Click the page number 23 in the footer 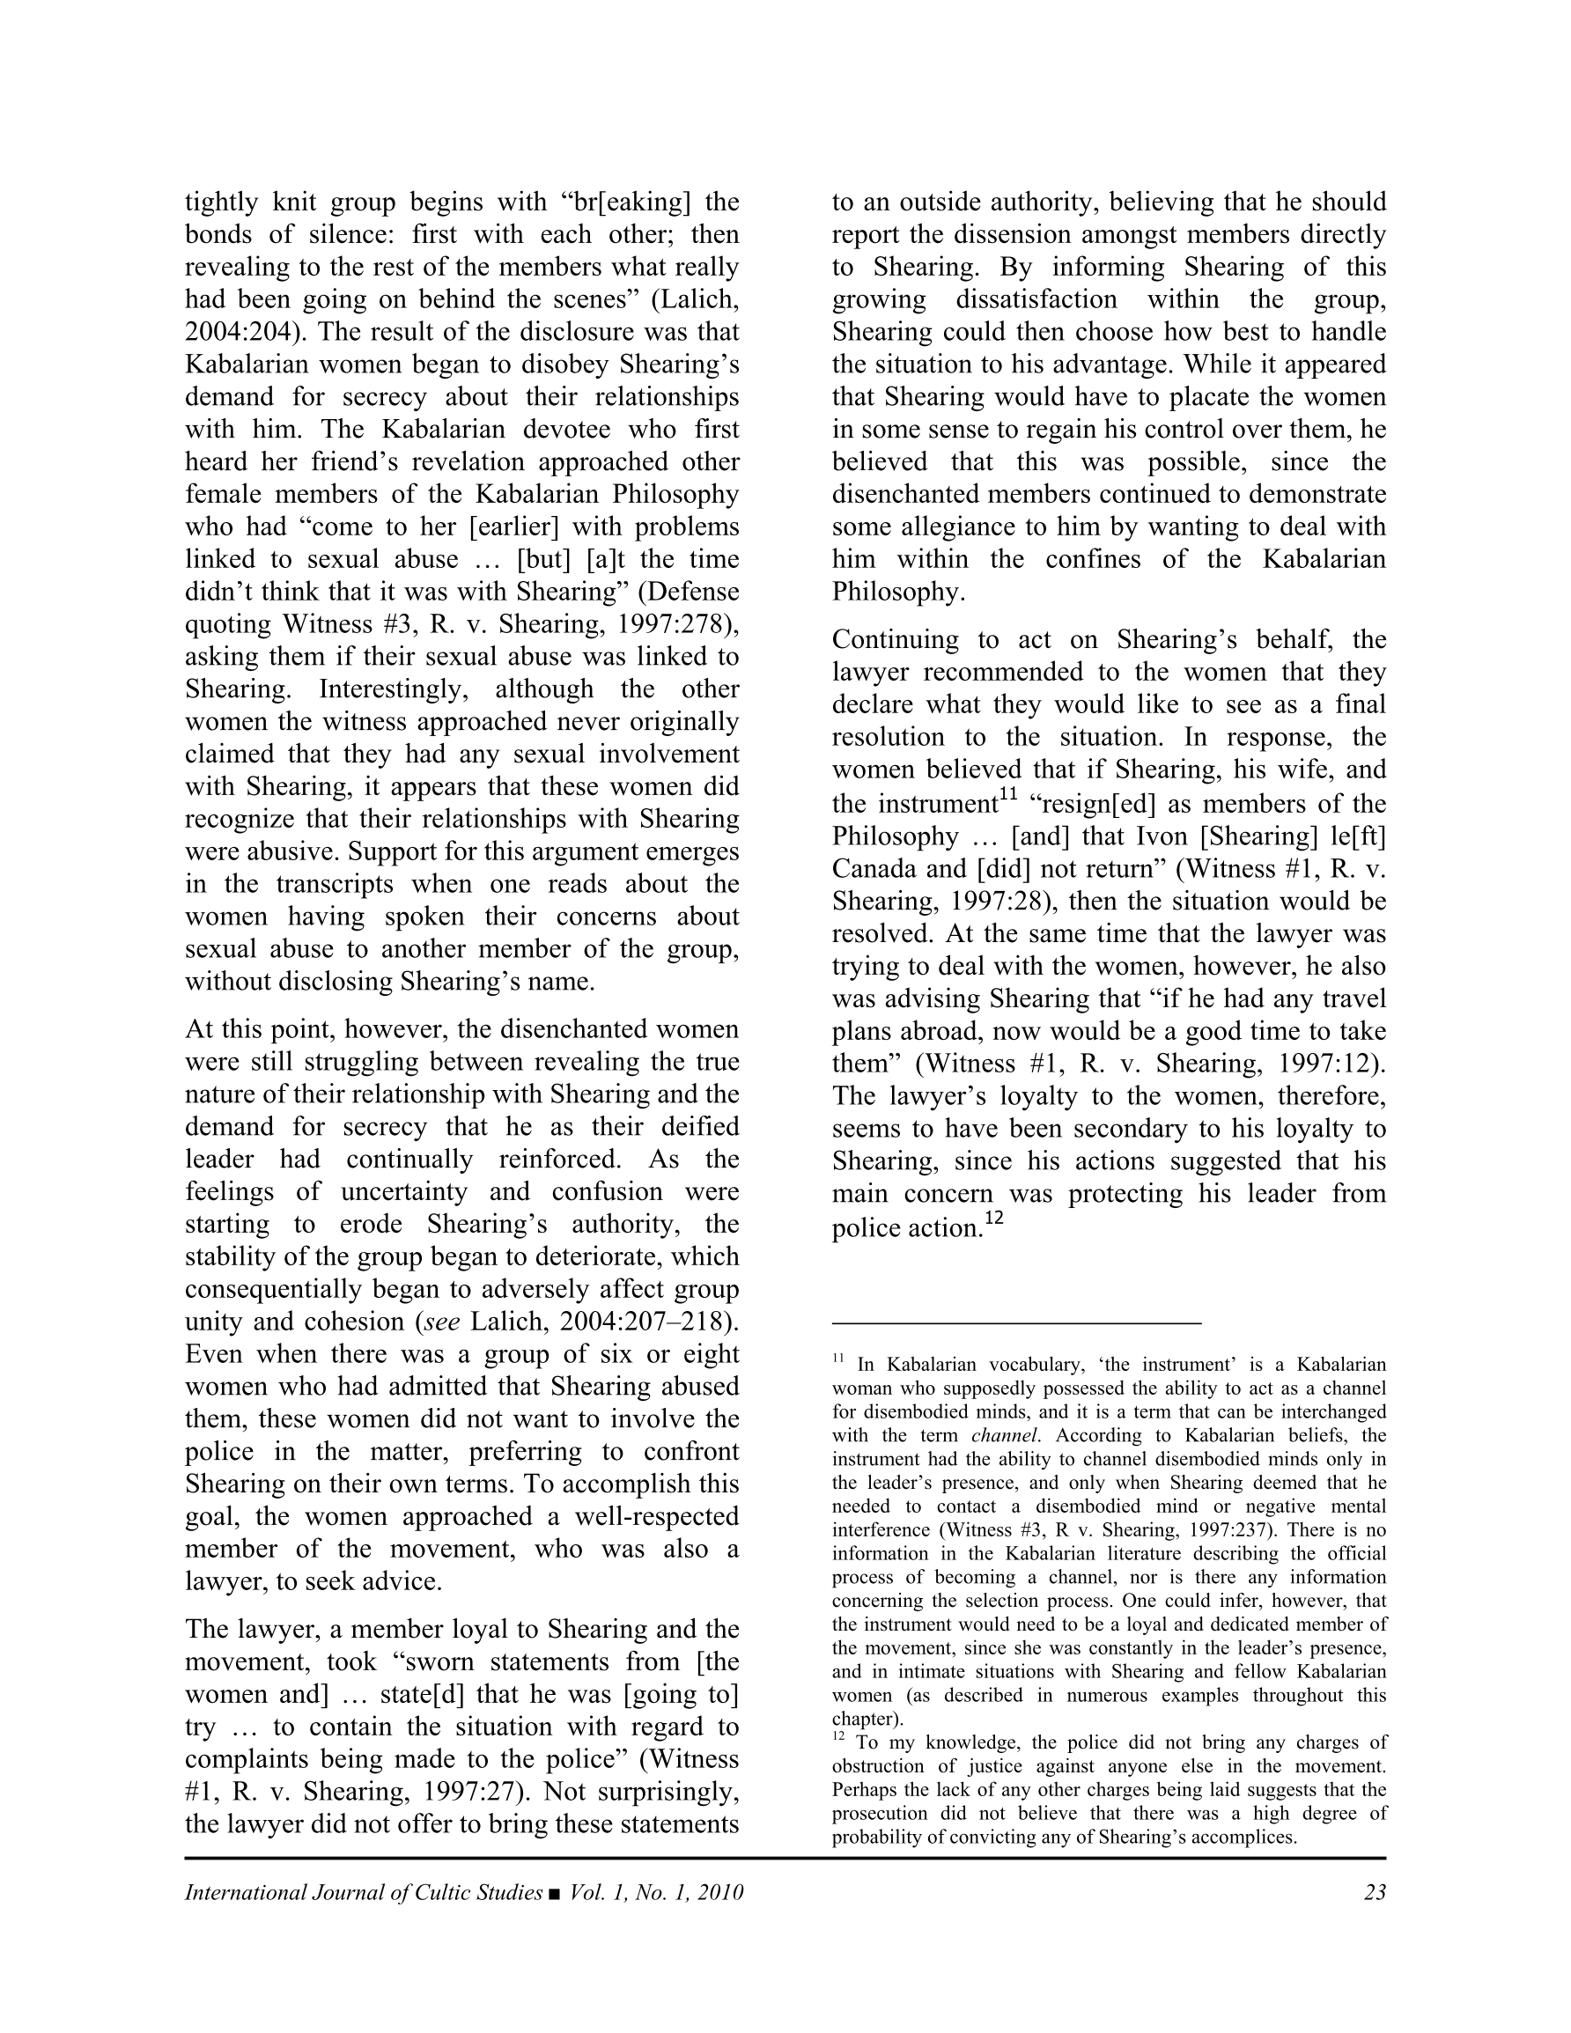(x=1375, y=1892)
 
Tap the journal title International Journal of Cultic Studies (x=363, y=1892)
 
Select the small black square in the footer (x=555, y=1893)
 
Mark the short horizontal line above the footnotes (x=1016, y=1322)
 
